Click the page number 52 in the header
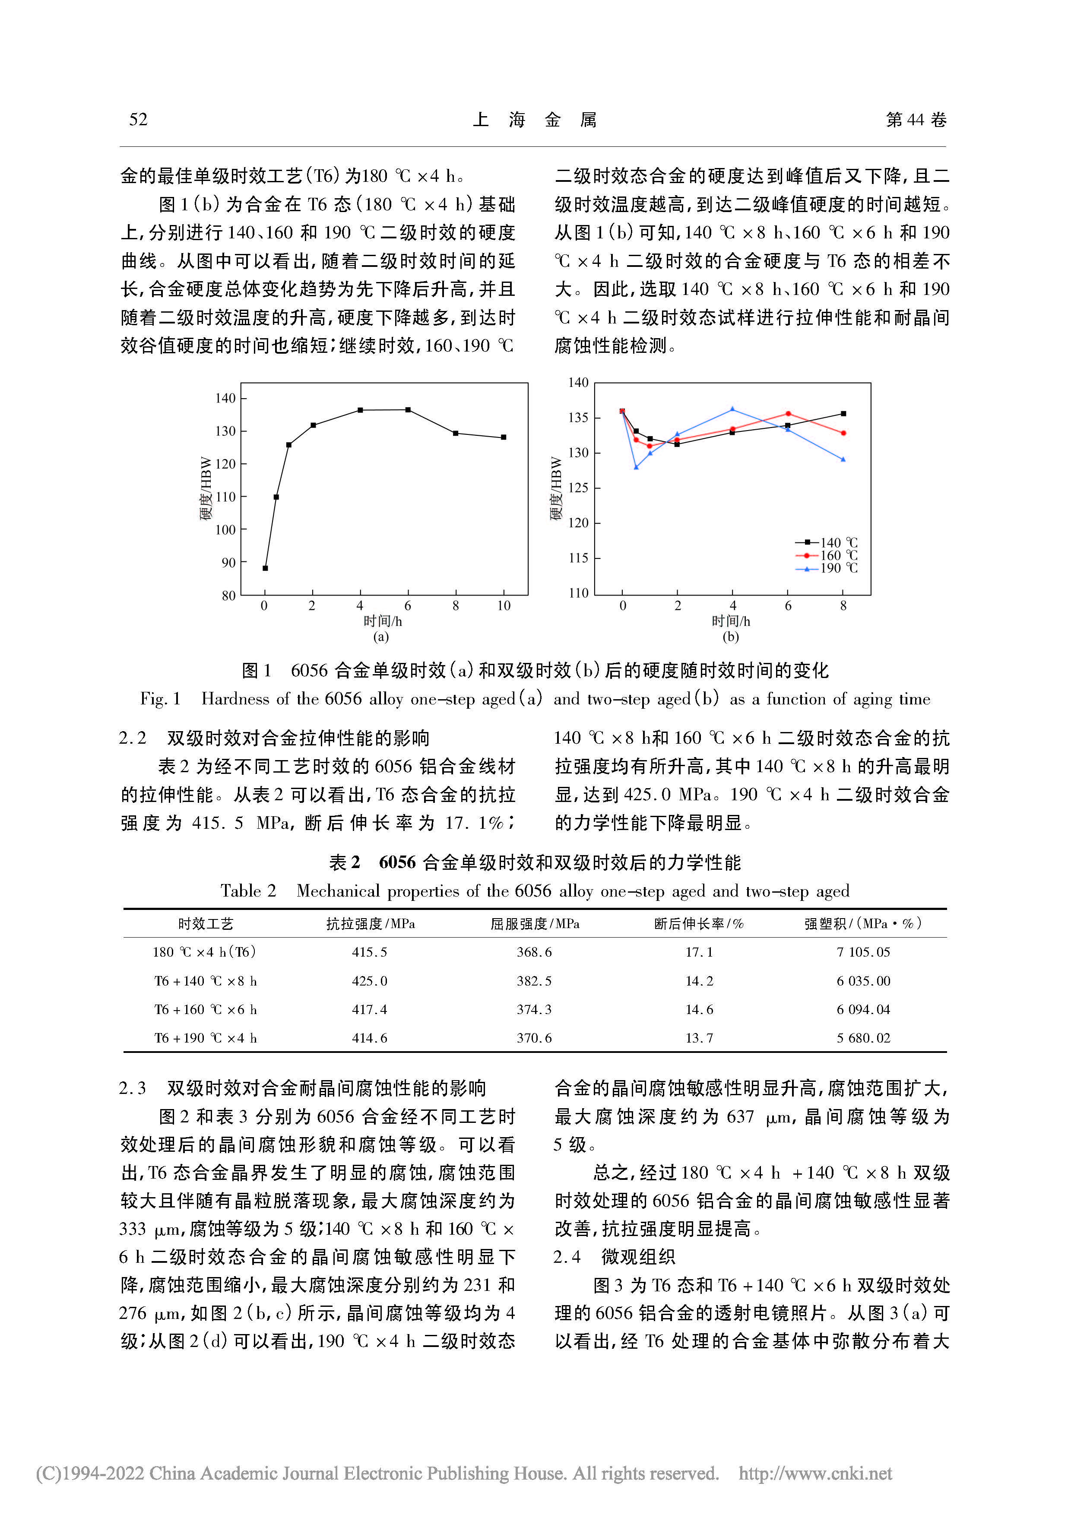click(x=138, y=120)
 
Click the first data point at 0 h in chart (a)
click(x=265, y=568)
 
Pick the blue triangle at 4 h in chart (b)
click(x=732, y=409)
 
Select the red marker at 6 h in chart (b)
click(x=788, y=414)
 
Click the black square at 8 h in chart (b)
click(x=843, y=414)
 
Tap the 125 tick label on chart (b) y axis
click(x=578, y=488)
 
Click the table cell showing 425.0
click(x=370, y=980)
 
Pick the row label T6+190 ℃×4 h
click(x=205, y=1038)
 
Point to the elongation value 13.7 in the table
click(x=699, y=1038)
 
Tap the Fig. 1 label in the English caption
click(x=160, y=699)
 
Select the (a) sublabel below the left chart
click(x=381, y=637)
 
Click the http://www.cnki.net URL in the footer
click(x=815, y=1474)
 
